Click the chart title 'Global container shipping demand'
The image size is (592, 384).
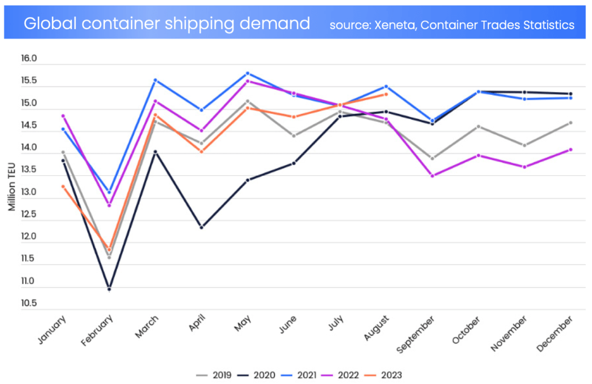[x=167, y=24]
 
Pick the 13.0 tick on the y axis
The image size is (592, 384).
[x=29, y=193]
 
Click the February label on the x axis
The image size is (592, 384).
[x=99, y=330]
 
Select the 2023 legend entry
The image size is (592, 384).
[x=384, y=375]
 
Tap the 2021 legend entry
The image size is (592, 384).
[x=298, y=375]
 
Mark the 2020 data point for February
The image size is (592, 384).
[x=109, y=289]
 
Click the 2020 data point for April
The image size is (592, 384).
[x=201, y=227]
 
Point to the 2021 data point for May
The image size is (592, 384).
[x=248, y=73]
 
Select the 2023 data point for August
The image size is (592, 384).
[x=386, y=94]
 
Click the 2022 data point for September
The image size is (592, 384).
[x=432, y=176]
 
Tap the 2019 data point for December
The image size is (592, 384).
[x=571, y=123]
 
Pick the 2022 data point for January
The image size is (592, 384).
[x=63, y=116]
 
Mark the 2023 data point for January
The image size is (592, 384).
[x=63, y=187]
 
